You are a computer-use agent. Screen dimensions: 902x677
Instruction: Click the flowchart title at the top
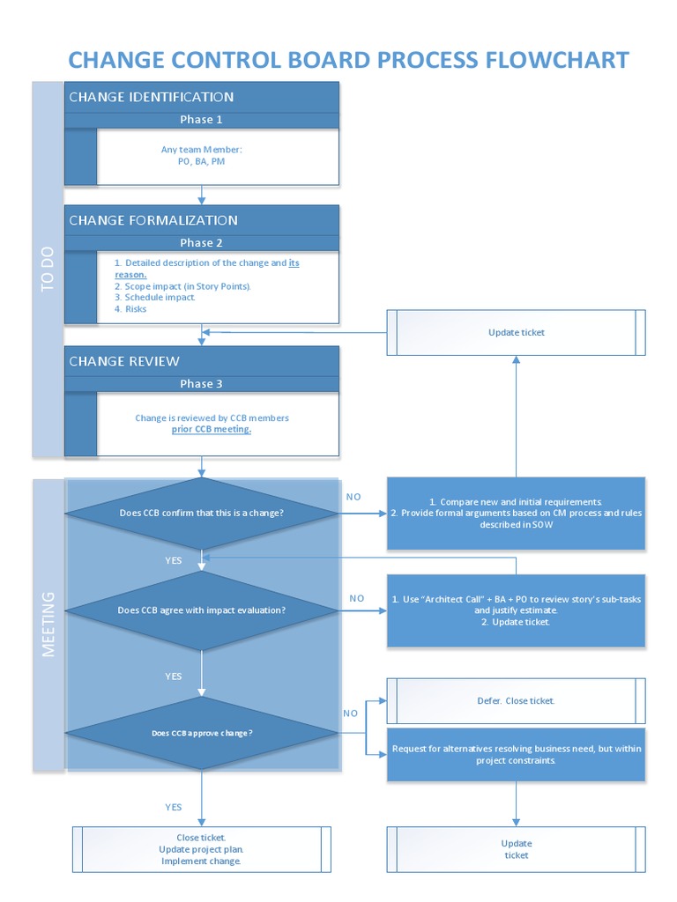tap(348, 60)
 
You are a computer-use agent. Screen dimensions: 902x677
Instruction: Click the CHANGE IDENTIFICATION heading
tap(152, 97)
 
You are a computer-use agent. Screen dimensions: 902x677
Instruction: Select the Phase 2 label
tap(201, 242)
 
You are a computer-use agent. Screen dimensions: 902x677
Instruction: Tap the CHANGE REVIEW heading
tap(124, 361)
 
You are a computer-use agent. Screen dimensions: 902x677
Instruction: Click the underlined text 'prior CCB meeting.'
tap(212, 429)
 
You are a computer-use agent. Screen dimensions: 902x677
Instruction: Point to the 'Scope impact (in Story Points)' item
tap(183, 286)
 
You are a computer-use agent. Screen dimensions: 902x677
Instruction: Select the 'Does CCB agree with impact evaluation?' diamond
tap(202, 610)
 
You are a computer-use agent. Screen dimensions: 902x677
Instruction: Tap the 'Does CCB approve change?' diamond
tap(202, 733)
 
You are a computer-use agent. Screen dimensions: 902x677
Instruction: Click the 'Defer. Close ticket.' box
tap(516, 701)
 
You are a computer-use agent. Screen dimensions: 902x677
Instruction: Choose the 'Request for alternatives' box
tap(516, 754)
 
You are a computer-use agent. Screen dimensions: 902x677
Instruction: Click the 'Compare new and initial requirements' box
tap(516, 513)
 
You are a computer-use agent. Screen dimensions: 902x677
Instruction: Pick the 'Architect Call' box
tap(516, 610)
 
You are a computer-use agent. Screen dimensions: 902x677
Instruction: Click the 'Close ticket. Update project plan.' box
tap(201, 849)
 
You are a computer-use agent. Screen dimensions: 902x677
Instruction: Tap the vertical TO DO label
tap(48, 269)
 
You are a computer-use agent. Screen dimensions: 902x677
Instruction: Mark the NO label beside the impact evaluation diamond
tap(356, 598)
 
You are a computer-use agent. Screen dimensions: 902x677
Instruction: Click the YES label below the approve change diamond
tap(174, 807)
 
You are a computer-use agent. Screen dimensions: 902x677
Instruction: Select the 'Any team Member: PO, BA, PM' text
tap(201, 156)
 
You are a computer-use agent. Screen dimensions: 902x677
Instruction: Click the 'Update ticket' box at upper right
tap(516, 332)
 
